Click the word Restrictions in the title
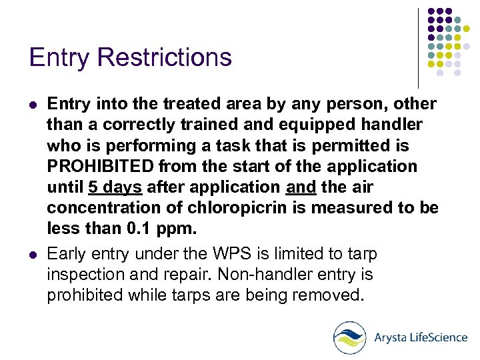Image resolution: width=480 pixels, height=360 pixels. pos(165,57)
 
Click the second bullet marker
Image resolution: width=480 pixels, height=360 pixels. pos(34,255)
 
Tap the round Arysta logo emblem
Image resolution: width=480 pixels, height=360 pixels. pos(350,337)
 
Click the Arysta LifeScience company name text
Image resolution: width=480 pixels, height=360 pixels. pos(421,337)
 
